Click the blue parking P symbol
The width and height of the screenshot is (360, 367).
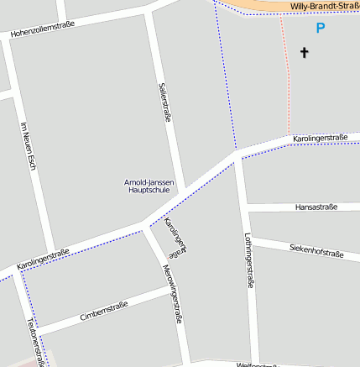click(320, 28)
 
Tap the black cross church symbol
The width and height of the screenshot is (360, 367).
click(305, 53)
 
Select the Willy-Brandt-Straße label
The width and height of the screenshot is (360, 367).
click(324, 7)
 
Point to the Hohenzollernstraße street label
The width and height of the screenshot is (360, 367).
click(42, 29)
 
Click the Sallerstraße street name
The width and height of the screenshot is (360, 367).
click(164, 102)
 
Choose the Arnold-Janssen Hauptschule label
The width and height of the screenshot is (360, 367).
click(147, 186)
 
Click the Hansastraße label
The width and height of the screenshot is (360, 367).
click(316, 207)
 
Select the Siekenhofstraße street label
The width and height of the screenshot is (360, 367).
click(316, 250)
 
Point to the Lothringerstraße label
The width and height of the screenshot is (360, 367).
click(248, 260)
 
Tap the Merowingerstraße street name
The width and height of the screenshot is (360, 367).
click(173, 293)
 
